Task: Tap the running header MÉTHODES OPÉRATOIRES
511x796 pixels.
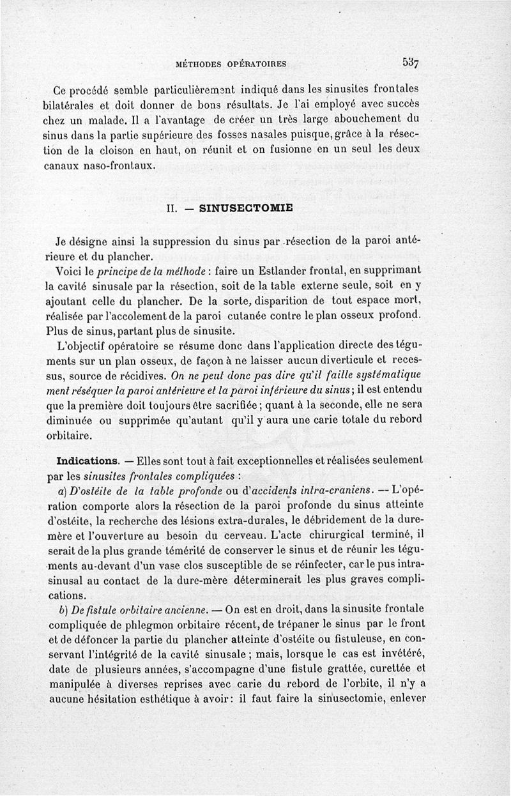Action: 231,64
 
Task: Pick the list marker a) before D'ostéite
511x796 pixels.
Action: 62,491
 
